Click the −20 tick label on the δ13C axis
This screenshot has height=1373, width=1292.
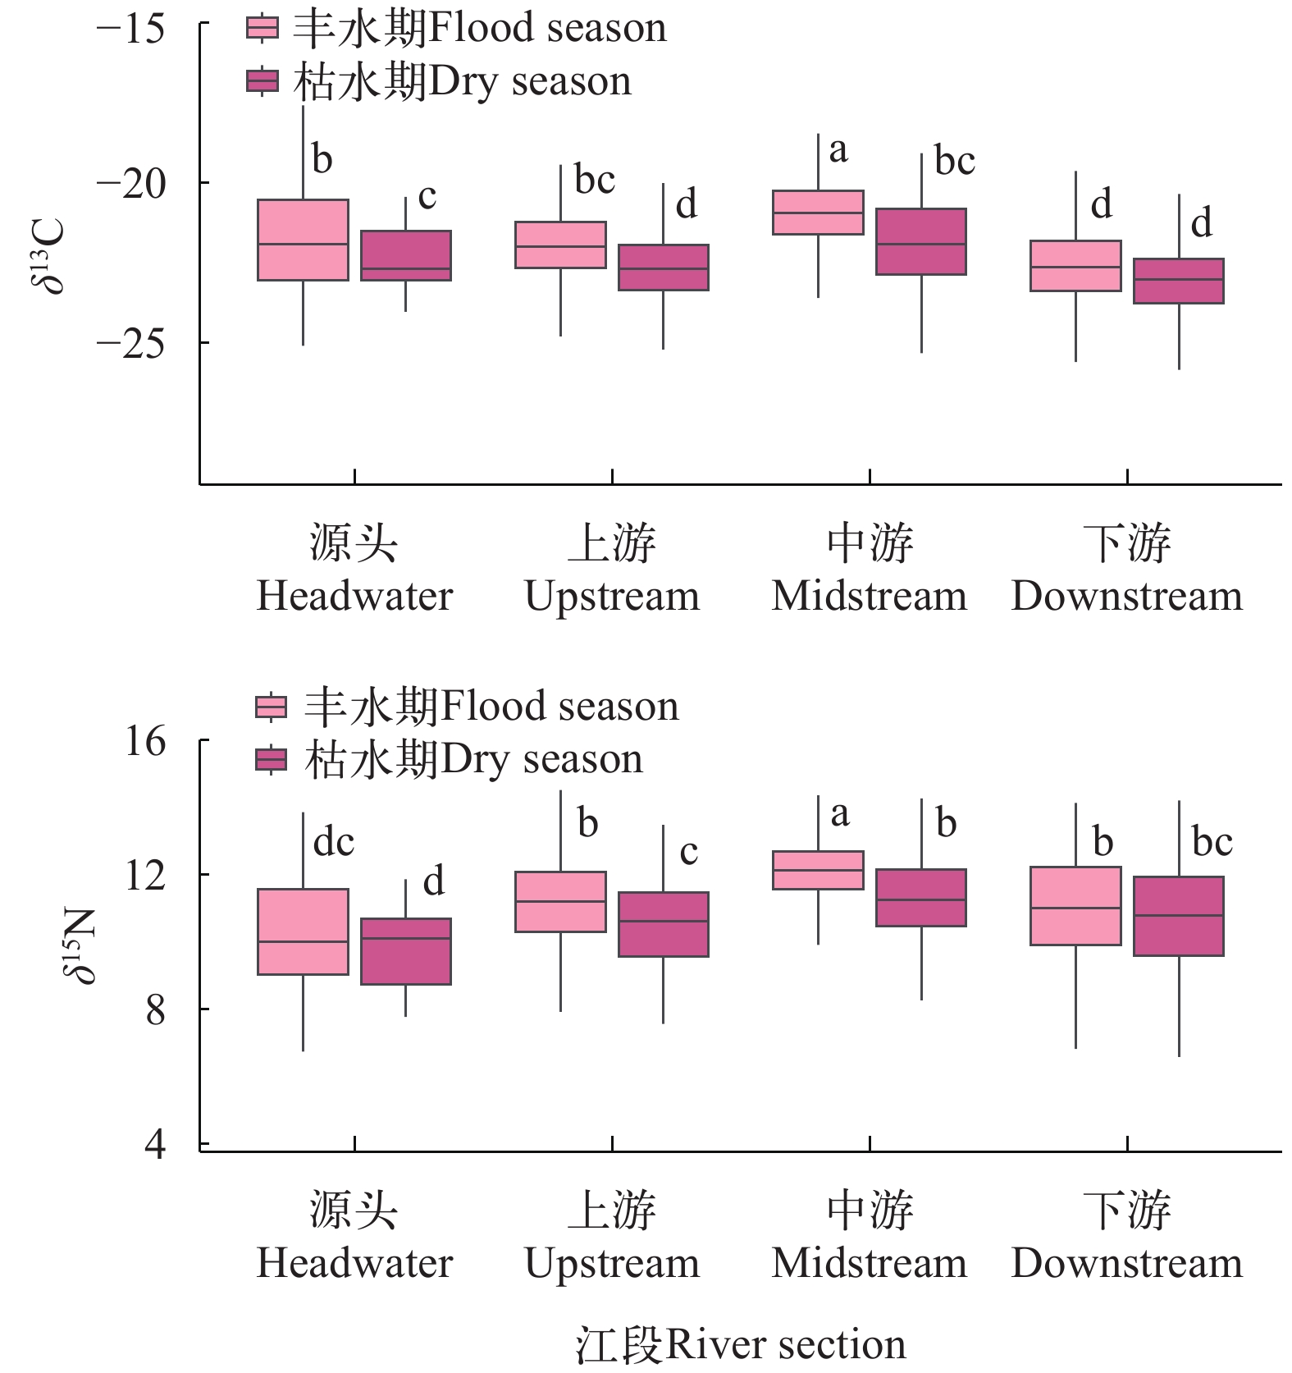pos(130,183)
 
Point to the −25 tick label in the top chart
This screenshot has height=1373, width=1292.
pos(130,343)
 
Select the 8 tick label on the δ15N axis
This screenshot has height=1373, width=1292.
pos(155,1010)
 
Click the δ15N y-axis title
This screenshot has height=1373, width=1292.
pos(79,945)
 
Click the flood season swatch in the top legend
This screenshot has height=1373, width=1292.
pos(263,29)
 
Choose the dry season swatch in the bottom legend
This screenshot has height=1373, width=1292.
pos(271,760)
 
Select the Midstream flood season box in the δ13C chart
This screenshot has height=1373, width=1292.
pos(818,213)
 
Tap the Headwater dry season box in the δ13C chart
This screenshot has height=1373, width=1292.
pos(406,256)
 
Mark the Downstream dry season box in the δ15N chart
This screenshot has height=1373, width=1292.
pos(1179,916)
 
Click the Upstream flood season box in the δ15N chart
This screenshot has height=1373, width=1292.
pos(560,902)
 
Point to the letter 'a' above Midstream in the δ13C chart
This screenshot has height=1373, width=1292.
pos(838,150)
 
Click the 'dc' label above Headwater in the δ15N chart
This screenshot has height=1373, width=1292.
pos(334,843)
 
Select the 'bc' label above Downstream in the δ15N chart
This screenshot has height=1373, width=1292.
pos(1212,842)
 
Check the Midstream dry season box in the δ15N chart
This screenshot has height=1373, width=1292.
pos(921,898)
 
